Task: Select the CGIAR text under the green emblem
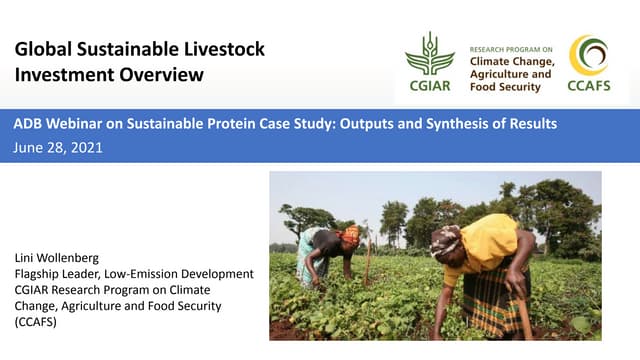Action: pyautogui.click(x=429, y=86)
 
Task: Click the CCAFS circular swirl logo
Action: pyautogui.click(x=588, y=55)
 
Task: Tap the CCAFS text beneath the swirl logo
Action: pyautogui.click(x=588, y=86)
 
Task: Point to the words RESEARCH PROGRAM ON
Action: pyautogui.click(x=511, y=47)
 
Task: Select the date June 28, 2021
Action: pyautogui.click(x=58, y=147)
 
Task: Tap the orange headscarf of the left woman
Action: pyautogui.click(x=350, y=235)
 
